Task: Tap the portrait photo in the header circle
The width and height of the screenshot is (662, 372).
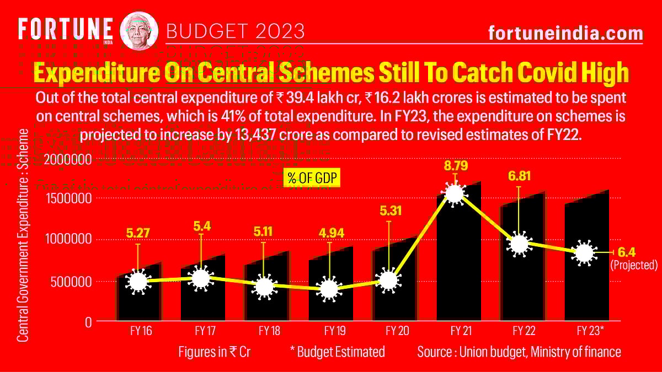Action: click(139, 30)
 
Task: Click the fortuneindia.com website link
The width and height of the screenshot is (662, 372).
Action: click(565, 33)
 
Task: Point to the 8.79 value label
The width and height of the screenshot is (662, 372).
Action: click(455, 165)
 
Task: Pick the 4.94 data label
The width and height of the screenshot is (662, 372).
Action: click(330, 233)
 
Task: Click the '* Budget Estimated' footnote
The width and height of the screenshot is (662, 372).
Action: click(337, 352)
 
